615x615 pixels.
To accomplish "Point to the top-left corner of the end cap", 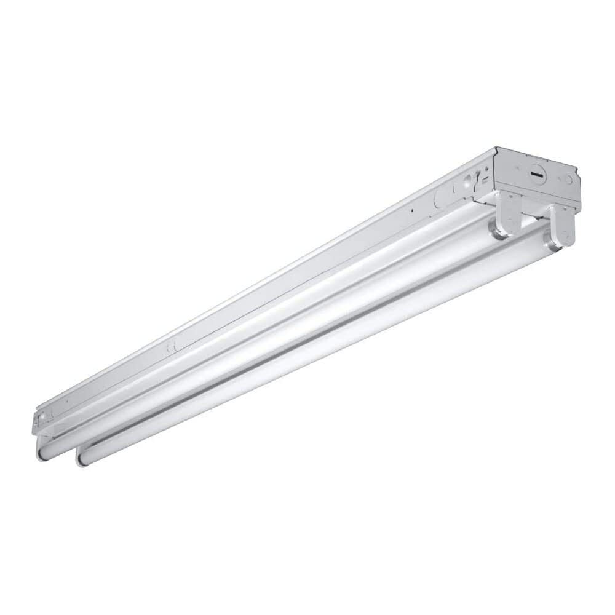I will (x=496, y=148).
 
